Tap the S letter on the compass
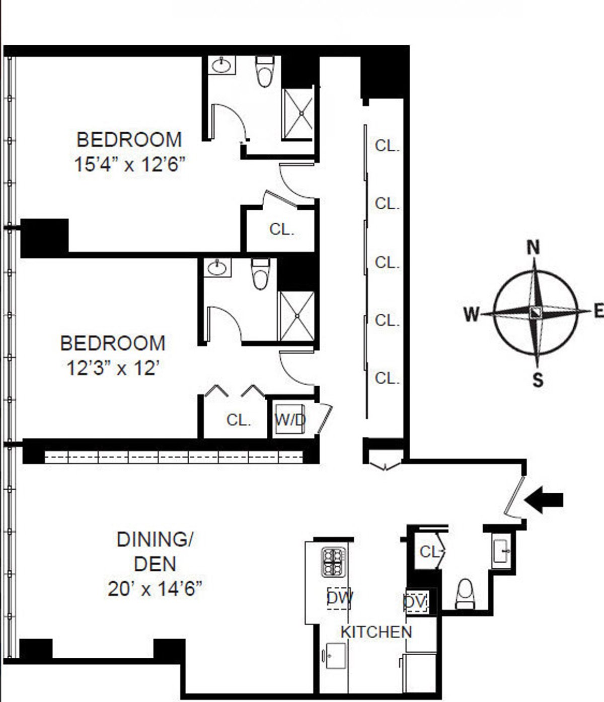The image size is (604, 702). tap(538, 380)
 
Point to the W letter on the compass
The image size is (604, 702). tap(471, 314)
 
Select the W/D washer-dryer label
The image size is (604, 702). tap(290, 419)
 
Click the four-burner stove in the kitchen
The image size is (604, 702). tap(334, 561)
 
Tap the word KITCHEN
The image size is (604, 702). tap(376, 632)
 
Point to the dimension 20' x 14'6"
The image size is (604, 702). tap(155, 588)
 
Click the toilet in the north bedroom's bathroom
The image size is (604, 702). tap(264, 71)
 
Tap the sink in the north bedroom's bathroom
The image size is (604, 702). tap(221, 65)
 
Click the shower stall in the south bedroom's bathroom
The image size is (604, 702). tap(297, 316)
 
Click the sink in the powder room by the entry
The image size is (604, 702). tap(502, 551)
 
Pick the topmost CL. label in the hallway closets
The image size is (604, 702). tap(387, 146)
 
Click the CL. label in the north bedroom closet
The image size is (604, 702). tap(281, 229)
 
